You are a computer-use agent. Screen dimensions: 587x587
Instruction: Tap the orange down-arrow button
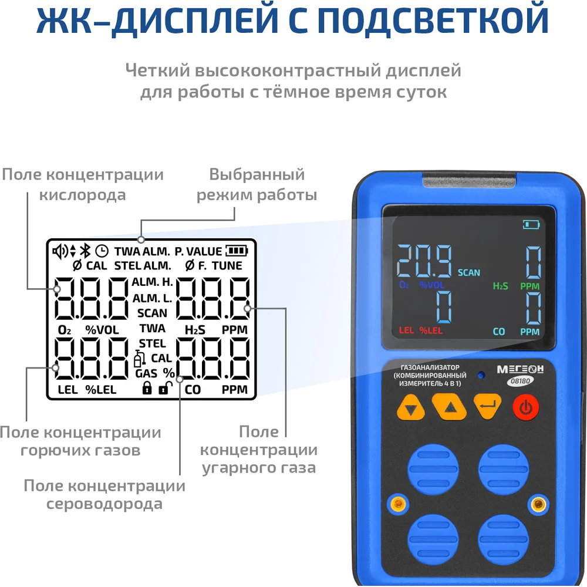point(411,408)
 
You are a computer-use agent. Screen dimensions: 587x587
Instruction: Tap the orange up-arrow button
point(449,407)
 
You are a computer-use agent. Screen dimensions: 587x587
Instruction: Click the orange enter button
point(487,406)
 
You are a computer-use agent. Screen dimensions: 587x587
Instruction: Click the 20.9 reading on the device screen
point(424,261)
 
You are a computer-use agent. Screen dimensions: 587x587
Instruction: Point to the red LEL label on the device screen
point(406,330)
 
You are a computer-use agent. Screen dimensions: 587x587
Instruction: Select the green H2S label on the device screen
point(501,286)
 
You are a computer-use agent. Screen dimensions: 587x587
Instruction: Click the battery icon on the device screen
point(531,225)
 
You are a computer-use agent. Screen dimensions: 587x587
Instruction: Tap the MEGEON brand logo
point(520,369)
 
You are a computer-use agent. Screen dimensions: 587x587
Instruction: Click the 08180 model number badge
point(520,381)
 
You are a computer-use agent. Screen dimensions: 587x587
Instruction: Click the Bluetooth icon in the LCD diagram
point(86,251)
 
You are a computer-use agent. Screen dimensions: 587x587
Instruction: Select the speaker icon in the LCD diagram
point(60,251)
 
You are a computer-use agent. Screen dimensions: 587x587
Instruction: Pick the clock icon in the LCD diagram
point(102,251)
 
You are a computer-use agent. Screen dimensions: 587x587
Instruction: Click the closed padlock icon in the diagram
point(147,388)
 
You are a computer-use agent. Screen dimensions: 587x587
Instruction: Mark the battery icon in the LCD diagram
point(237,251)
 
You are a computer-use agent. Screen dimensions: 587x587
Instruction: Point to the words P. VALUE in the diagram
point(198,251)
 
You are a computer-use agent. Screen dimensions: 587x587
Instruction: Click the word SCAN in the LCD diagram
point(152,313)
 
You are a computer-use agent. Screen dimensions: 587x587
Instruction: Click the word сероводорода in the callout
point(104,504)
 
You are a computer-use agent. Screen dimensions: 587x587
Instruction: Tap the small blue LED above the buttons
point(481,375)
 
